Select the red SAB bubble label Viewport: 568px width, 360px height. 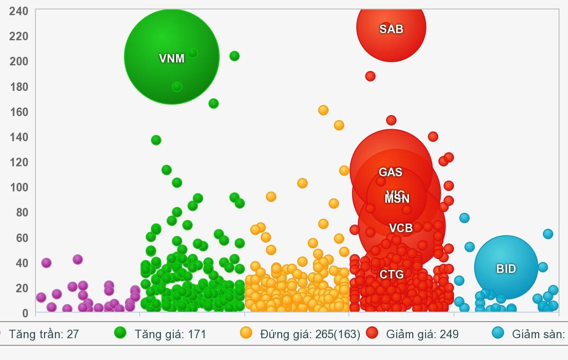click(391, 29)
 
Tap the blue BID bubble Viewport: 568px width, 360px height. click(506, 268)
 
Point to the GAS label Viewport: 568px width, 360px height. click(390, 172)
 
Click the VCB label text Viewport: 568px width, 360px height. click(401, 228)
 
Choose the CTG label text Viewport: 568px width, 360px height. click(391, 274)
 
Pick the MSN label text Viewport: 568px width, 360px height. click(397, 199)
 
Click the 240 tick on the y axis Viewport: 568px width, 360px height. click(18, 10)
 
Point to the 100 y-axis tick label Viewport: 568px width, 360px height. click(18, 187)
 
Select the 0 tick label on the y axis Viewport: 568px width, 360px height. click(25, 313)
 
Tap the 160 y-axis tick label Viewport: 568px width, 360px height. click(18, 111)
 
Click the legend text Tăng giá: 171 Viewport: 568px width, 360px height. click(170, 334)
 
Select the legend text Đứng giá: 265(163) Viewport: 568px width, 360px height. click(310, 334)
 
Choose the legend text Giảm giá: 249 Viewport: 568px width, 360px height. click(422, 334)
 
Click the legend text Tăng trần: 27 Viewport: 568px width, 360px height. click(44, 334)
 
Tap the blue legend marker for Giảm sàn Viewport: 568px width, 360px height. click(498, 333)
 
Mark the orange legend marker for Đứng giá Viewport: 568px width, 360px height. click(246, 333)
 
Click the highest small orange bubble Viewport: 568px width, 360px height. click(323, 110)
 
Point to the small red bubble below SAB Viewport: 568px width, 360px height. click(370, 76)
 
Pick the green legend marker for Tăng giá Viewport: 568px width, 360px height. click(120, 333)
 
